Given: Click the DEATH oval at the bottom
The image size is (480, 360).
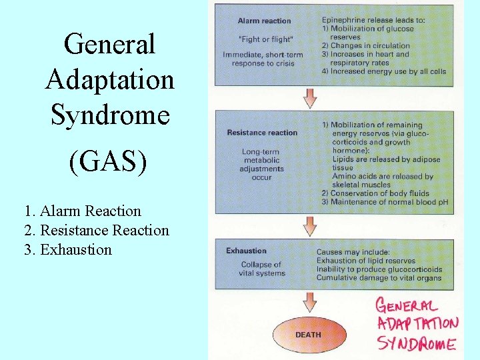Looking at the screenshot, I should click(307, 335).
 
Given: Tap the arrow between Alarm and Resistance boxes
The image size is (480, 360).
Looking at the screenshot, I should click(310, 97).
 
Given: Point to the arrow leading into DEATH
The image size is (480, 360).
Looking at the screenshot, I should click(310, 302).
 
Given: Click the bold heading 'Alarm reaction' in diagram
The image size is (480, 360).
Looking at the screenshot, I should click(263, 21).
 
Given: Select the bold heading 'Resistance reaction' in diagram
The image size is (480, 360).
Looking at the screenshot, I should click(262, 133).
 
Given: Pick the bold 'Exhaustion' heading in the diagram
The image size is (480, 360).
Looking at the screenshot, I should click(246, 251).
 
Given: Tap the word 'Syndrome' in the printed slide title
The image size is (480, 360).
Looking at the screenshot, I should click(110, 115).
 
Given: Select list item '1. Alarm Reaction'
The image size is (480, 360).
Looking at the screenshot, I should click(82, 211).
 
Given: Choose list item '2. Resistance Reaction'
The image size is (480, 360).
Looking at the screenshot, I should click(96, 231).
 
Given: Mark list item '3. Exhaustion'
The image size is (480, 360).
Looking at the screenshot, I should click(67, 250).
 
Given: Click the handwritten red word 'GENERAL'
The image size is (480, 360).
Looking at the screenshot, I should click(406, 306).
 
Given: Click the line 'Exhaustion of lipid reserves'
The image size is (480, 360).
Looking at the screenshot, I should click(365, 261).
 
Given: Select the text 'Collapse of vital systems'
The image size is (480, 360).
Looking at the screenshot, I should click(261, 269).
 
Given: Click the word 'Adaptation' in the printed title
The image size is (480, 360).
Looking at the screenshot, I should click(110, 80).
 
